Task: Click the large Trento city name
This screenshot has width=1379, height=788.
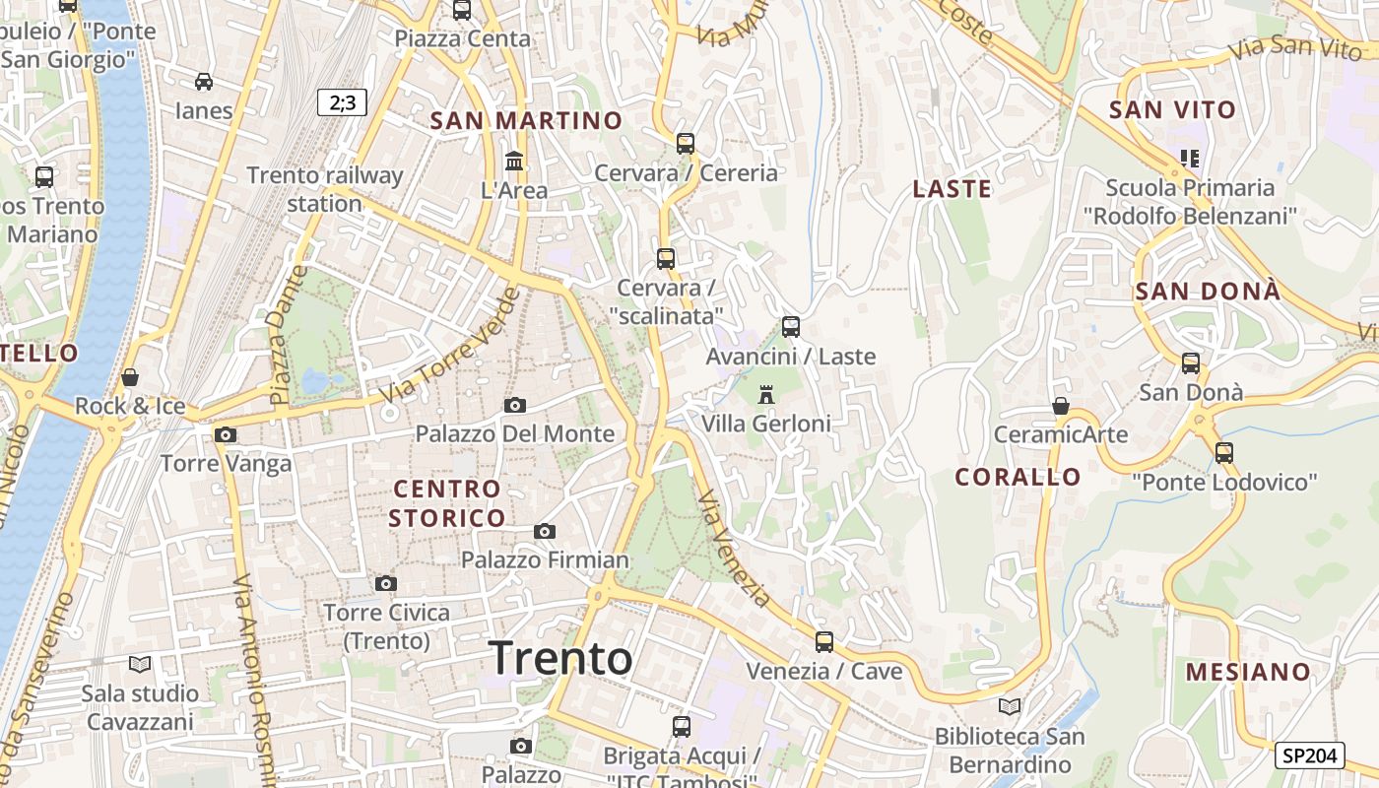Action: tap(560, 658)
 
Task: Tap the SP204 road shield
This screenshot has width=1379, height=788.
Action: tap(1309, 755)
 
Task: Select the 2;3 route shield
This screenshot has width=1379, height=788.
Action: tap(342, 101)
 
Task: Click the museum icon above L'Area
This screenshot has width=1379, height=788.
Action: tap(514, 161)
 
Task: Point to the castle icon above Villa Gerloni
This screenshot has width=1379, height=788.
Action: tap(765, 395)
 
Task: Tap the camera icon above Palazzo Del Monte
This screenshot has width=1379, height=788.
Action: tap(514, 405)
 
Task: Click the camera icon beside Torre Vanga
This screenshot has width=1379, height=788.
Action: tap(226, 434)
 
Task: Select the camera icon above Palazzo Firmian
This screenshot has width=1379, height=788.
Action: tap(544, 532)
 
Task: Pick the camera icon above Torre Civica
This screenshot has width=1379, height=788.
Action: tap(386, 583)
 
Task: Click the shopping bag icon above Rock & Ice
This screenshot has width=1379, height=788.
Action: tap(130, 377)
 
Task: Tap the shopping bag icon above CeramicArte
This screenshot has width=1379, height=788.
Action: tap(1060, 406)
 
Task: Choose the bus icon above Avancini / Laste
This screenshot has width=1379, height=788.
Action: tap(790, 327)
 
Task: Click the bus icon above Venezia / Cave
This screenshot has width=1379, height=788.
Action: tap(823, 642)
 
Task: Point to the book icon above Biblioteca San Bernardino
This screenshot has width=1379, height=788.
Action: tap(1009, 706)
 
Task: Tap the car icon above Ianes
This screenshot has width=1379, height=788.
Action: tap(204, 82)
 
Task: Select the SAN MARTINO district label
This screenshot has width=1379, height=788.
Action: tap(527, 121)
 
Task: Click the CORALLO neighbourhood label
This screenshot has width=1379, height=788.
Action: tap(1018, 477)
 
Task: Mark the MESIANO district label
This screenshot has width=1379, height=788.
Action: tap(1248, 673)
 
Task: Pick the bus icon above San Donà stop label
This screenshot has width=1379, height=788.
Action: tap(1191, 363)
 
